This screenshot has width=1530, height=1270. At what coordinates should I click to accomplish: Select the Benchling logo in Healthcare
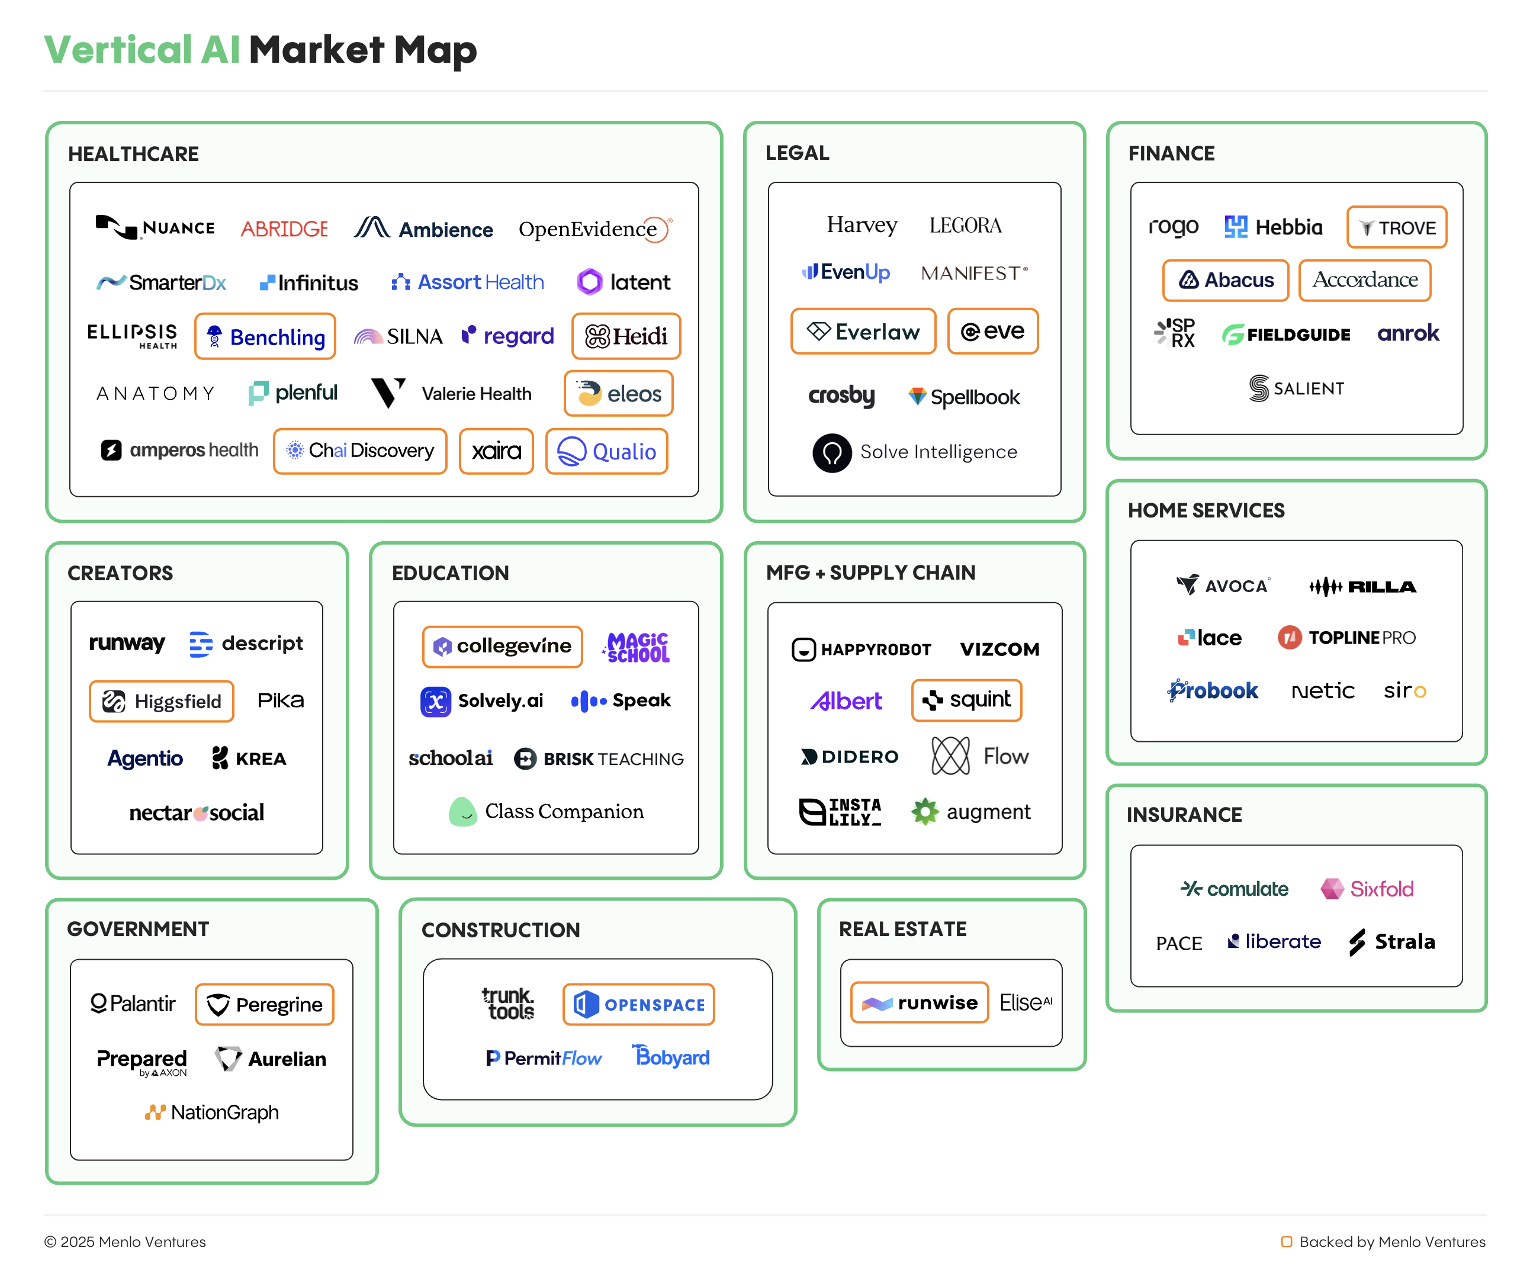[265, 337]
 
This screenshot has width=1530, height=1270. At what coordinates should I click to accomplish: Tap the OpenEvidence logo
[594, 230]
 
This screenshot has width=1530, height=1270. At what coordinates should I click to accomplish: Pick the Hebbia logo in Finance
[1273, 227]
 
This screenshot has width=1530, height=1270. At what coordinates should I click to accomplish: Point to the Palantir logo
[133, 1004]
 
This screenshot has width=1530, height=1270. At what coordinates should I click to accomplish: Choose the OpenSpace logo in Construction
[638, 1005]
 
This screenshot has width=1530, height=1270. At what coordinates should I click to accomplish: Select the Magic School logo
[637, 647]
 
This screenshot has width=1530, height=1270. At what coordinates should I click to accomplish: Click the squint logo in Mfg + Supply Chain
[966, 700]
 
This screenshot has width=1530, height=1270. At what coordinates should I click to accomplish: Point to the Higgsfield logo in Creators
[162, 702]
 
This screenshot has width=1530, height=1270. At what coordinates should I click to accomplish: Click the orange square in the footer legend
[1287, 1242]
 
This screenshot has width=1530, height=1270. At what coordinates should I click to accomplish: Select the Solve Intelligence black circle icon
[832, 452]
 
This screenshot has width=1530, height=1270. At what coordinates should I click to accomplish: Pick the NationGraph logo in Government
[211, 1113]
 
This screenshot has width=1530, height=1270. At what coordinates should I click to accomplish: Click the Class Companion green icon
[462, 812]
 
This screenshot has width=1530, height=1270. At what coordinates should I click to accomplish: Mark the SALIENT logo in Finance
[1296, 388]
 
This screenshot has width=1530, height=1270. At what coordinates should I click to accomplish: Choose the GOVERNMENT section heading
[138, 929]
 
